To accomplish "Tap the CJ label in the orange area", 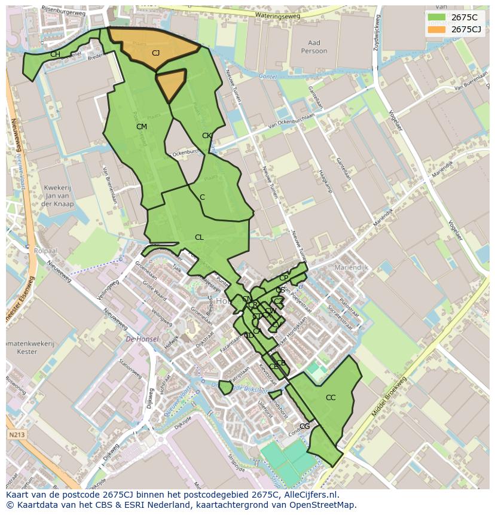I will tap(155, 53).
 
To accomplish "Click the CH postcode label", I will tap(55, 54).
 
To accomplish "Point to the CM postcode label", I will tap(142, 127).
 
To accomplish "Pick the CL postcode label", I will tap(199, 237).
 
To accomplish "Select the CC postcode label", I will tap(331, 398).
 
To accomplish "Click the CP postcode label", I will tap(283, 278).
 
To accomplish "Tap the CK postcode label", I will tap(207, 136).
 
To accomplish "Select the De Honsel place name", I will tap(142, 339).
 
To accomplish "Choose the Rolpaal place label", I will tap(45, 251).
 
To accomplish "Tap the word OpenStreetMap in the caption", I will tap(323, 505).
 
